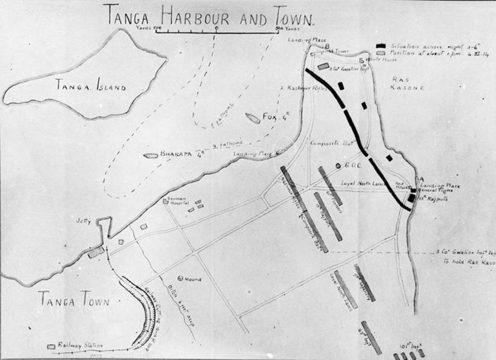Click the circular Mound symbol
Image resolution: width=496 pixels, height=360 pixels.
(x=181, y=278)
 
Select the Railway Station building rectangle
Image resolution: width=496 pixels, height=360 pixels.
(x=51, y=347)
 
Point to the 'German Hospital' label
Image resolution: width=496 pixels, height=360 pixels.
(x=177, y=201)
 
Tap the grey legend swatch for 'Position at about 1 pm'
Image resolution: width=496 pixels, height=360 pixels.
(x=382, y=53)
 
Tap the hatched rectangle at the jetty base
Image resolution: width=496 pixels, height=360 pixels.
(x=96, y=251)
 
